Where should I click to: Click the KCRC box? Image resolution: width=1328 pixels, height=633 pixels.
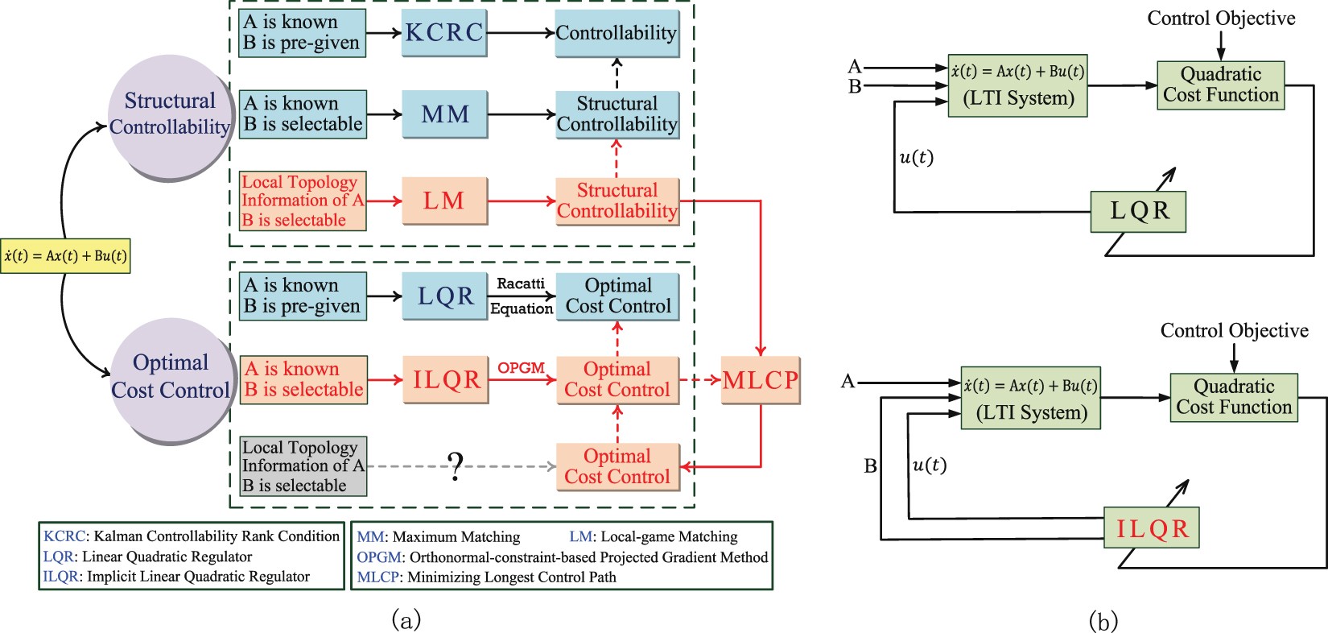[444, 33]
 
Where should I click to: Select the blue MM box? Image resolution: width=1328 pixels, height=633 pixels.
[445, 114]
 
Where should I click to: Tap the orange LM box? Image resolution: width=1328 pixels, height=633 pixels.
[444, 201]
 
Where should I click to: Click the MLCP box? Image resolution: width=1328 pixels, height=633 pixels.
[761, 379]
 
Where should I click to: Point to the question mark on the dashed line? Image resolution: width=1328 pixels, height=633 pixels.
[456, 466]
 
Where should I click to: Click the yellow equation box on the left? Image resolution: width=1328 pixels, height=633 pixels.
[65, 256]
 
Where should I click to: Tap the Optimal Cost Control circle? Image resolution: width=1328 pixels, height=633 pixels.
[171, 377]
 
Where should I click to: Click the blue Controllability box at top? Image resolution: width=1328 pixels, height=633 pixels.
[617, 33]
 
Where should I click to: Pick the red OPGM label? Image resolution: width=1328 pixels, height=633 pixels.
[521, 367]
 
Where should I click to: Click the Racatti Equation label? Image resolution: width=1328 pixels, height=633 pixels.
[522, 296]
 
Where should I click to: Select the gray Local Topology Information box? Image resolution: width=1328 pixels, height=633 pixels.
[303, 466]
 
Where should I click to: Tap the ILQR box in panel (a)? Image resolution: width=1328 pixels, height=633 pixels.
[446, 379]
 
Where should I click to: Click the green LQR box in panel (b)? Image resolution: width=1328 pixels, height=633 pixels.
[1138, 211]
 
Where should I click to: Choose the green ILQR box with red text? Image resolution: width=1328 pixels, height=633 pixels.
[1151, 528]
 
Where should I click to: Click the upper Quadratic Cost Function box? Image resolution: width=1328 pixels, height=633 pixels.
[1220, 85]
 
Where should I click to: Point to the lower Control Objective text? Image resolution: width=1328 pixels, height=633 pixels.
[1234, 330]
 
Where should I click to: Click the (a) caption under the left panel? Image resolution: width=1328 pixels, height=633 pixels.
[406, 619]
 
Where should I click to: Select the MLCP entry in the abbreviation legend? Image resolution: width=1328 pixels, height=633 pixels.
[486, 577]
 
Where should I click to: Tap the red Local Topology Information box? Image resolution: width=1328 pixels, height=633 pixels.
[303, 201]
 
